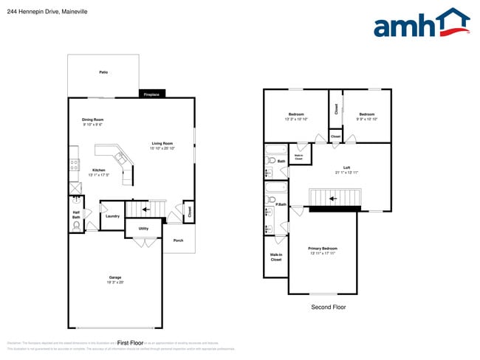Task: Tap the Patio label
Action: [103, 72]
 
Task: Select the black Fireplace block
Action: [151, 94]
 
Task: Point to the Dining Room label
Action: [93, 120]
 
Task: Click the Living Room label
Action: [162, 144]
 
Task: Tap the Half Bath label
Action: [76, 215]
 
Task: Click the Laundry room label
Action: [112, 216]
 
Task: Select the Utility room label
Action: [143, 229]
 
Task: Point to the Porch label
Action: [178, 240]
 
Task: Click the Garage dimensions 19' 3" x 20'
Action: [115, 283]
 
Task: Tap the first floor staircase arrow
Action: [145, 210]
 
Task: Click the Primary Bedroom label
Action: [322, 249]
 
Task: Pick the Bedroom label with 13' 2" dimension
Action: [295, 114]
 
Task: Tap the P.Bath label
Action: [281, 204]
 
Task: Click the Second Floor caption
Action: [328, 307]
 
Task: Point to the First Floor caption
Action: [129, 343]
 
